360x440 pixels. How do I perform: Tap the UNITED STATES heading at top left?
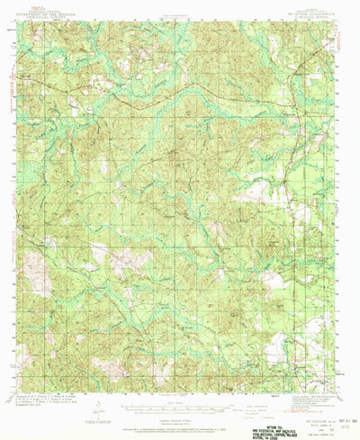(54, 11)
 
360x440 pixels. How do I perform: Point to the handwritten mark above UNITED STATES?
(34, 6)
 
